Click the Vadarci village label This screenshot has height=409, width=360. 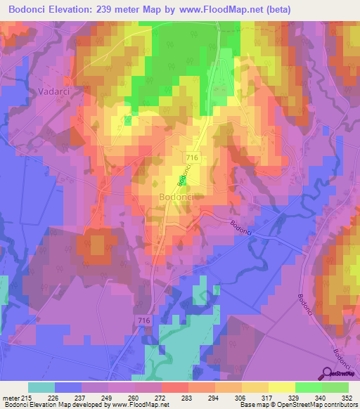click(x=49, y=91)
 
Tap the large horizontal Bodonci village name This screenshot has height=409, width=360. click(x=181, y=197)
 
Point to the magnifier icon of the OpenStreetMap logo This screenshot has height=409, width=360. click(x=328, y=375)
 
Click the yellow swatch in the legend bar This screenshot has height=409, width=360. click(x=280, y=387)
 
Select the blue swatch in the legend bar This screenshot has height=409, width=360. click(x=67, y=387)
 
